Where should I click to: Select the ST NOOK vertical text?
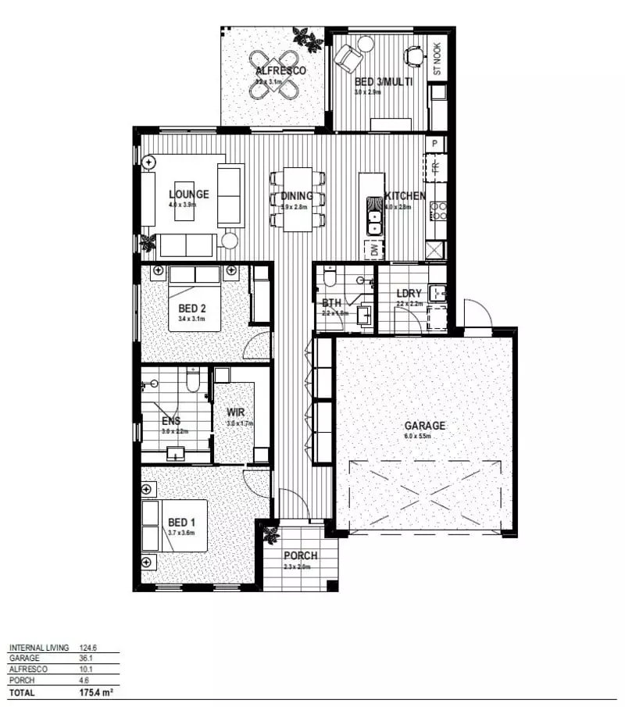pyautogui.click(x=437, y=59)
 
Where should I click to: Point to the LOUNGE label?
pyautogui.click(x=188, y=195)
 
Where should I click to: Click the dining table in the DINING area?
pyautogui.click(x=297, y=199)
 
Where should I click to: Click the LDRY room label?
pyautogui.click(x=409, y=295)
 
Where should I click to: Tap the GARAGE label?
pyautogui.click(x=424, y=426)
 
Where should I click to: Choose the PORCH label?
pyautogui.click(x=301, y=556)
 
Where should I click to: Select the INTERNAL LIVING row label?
pyautogui.click(x=39, y=648)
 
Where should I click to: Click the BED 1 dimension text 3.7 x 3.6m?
pyautogui.click(x=180, y=533)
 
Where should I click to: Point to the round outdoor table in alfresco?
pyautogui.click(x=273, y=74)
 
